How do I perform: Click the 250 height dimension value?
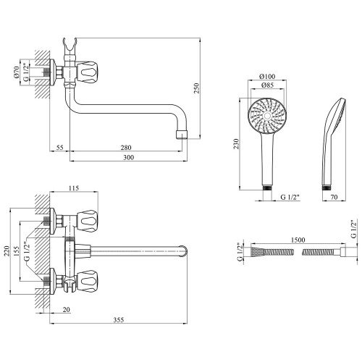click(x=197, y=88)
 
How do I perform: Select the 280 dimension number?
click(x=126, y=148)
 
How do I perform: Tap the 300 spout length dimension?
click(x=129, y=158)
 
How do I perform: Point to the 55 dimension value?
click(x=59, y=148)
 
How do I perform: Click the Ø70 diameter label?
click(x=17, y=72)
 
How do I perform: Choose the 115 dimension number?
click(x=74, y=188)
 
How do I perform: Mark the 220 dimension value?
click(x=7, y=251)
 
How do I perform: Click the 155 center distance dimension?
click(x=16, y=251)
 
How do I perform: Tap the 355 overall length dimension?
click(x=119, y=320)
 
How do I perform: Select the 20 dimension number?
click(x=66, y=310)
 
